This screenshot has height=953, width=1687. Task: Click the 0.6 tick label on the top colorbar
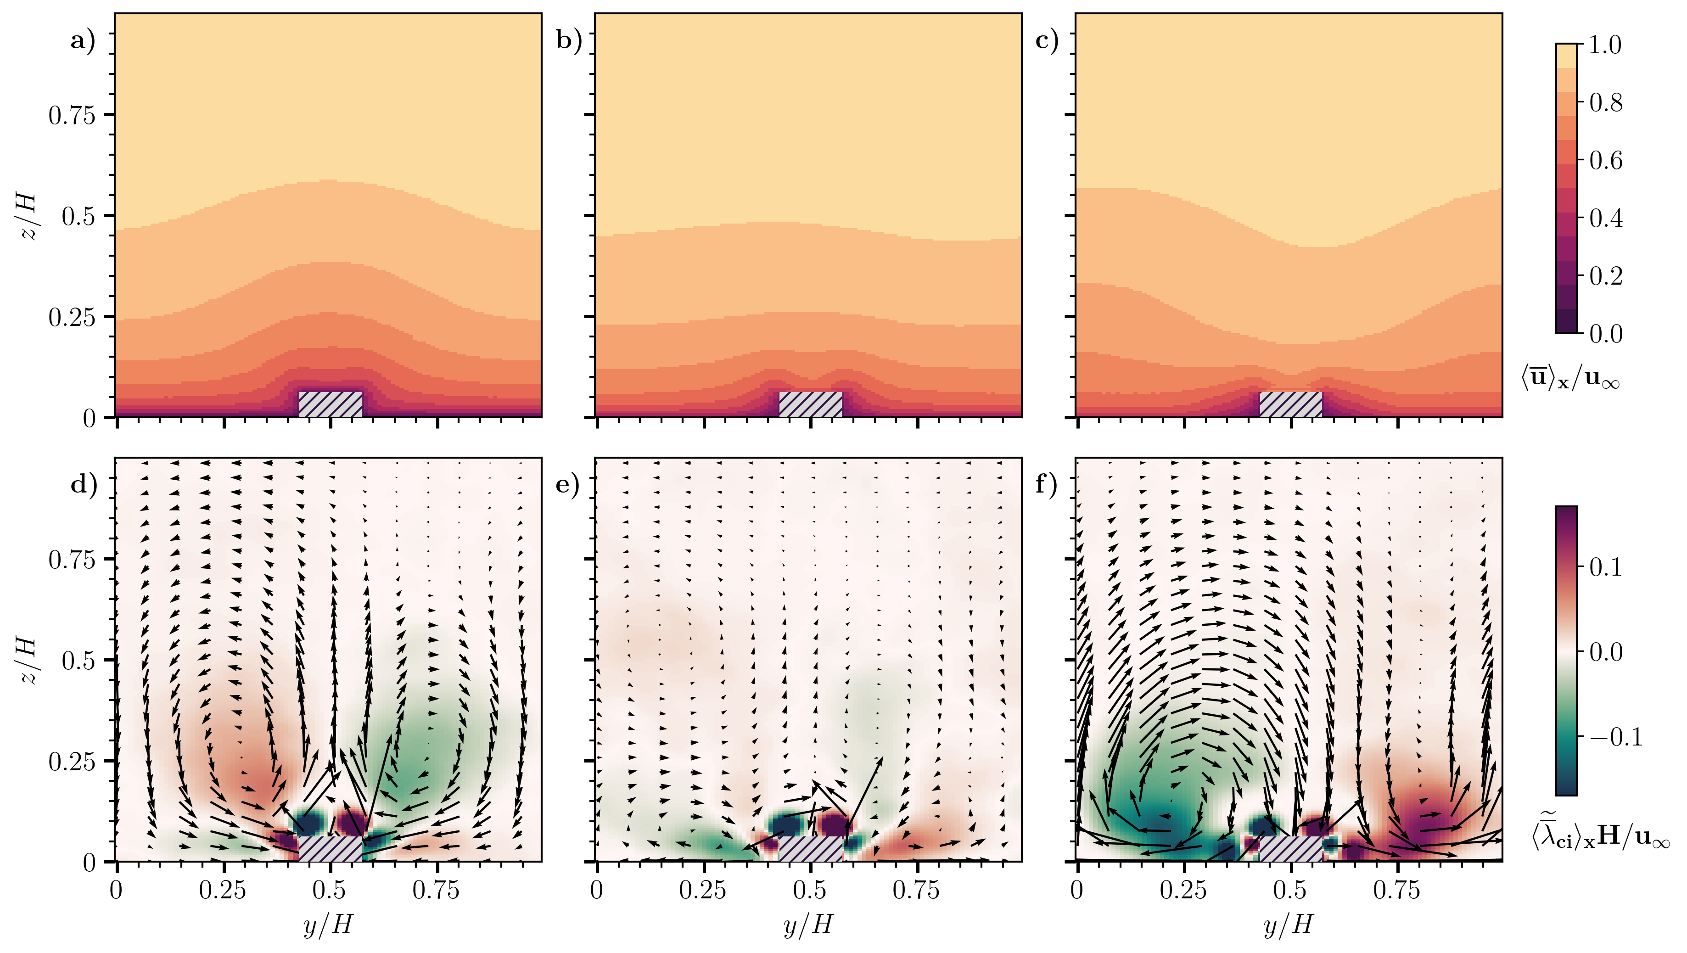pos(1606,161)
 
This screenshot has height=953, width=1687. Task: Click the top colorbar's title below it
pos(1570,379)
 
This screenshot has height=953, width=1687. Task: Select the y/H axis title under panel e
pos(808,925)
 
